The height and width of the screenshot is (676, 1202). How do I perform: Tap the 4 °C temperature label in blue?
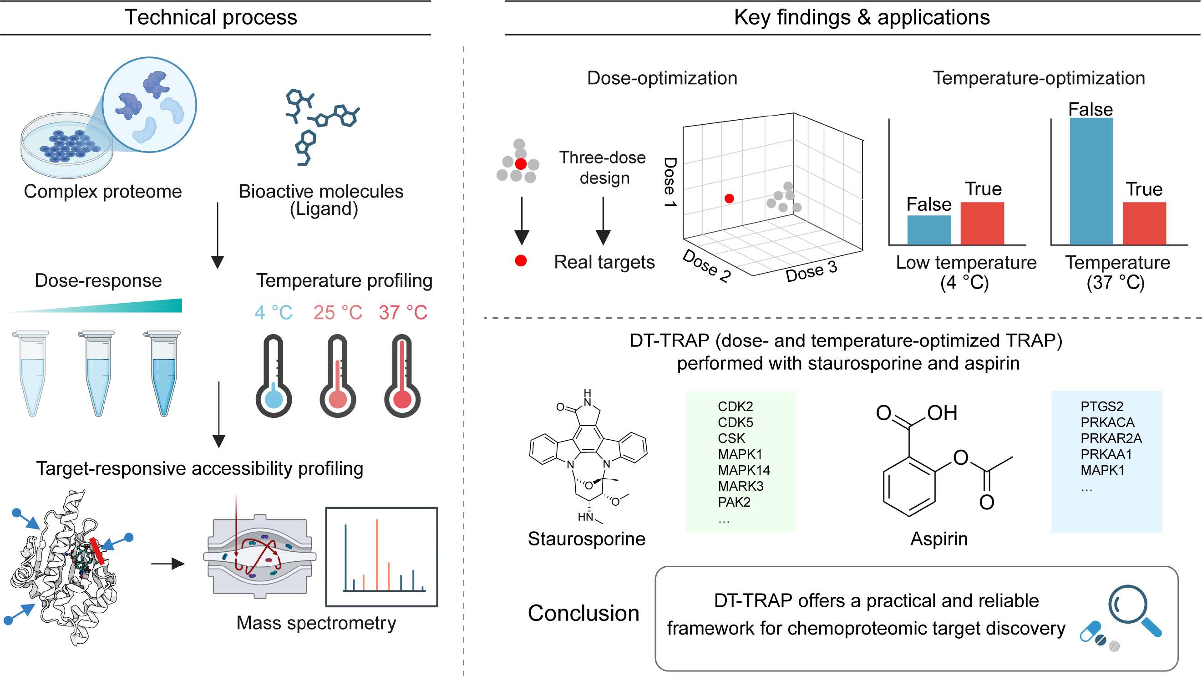274,312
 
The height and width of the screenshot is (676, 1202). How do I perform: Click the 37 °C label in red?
403,312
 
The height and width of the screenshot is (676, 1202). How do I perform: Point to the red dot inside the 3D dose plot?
729,198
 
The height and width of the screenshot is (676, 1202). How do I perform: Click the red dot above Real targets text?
521,260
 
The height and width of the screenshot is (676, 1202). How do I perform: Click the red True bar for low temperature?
982,223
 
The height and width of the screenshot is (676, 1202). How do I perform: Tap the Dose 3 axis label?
811,271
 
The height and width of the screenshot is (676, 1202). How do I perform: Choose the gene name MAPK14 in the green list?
744,470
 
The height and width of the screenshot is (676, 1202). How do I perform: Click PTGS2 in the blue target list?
1102,406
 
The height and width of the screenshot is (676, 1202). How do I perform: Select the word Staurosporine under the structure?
587,539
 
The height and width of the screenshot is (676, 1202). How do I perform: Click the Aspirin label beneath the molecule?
939,539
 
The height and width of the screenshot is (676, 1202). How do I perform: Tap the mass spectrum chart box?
381,556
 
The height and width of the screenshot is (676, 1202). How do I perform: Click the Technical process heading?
210,17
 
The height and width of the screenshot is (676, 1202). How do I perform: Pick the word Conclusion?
583,613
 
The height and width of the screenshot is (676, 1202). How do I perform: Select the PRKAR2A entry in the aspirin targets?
1111,438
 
